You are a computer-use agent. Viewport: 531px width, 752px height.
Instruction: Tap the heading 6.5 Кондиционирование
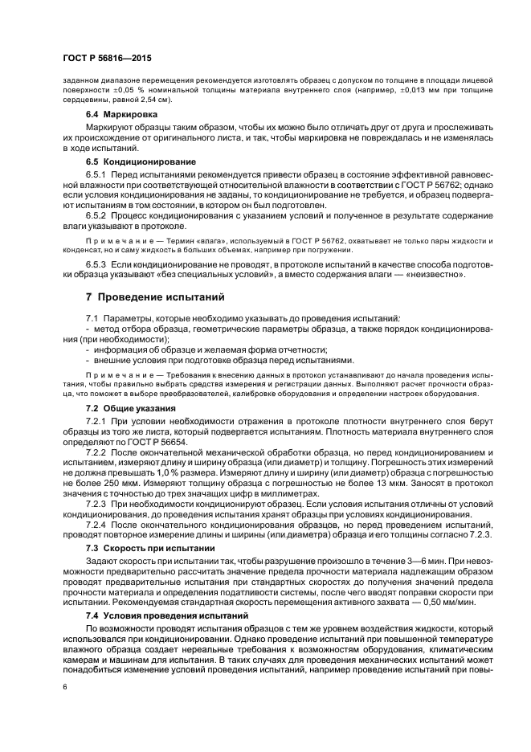point(141,160)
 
